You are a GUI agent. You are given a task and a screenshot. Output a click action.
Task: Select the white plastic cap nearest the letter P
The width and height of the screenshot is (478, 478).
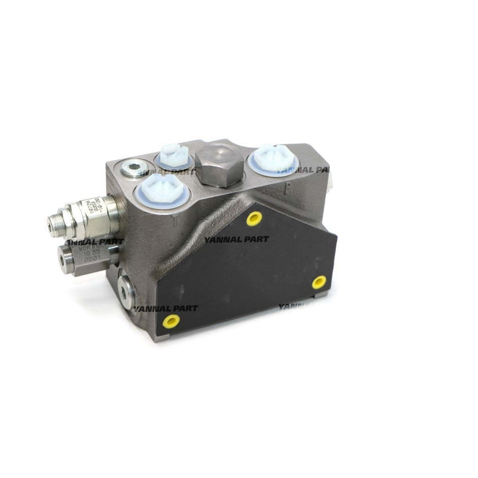(274, 160)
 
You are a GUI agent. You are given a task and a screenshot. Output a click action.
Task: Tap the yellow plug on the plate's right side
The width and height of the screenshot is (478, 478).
(319, 282)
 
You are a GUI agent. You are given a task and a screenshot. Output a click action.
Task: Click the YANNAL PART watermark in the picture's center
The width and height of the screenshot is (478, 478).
(237, 239)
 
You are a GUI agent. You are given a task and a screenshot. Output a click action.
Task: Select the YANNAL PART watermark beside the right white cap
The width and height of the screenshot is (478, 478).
(304, 170)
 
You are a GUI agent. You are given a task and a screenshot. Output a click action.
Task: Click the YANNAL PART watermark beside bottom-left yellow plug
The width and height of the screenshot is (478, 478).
(165, 308)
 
